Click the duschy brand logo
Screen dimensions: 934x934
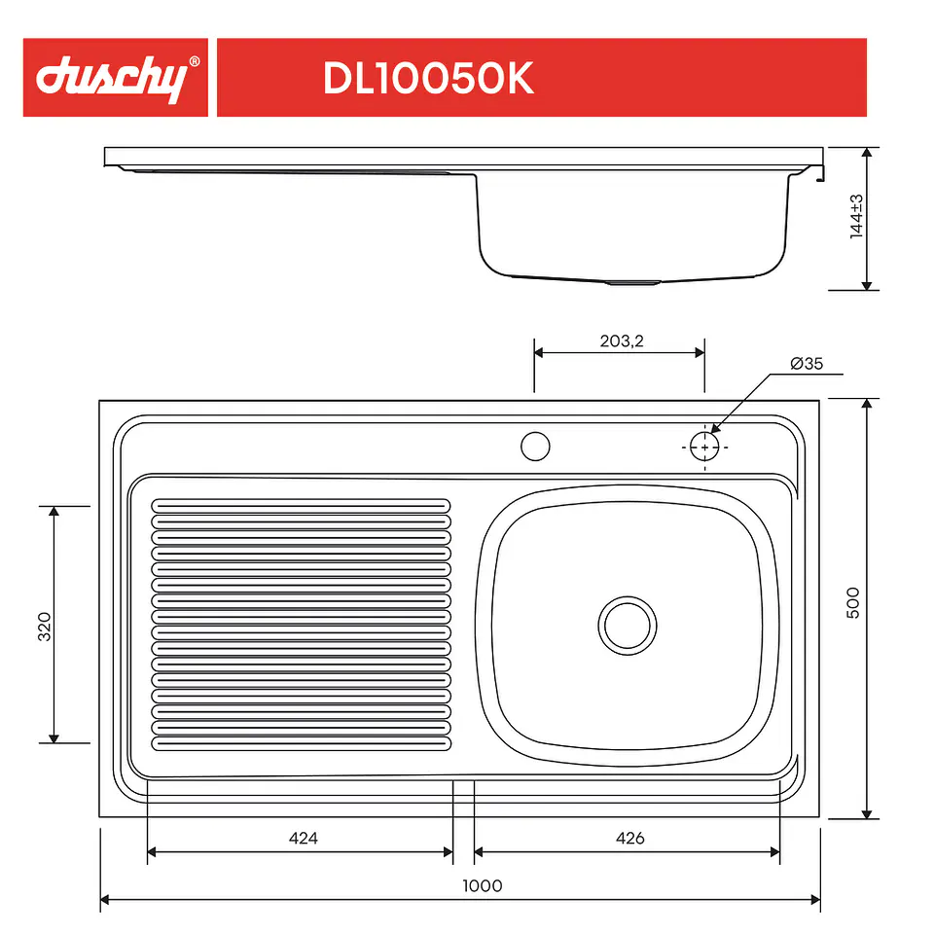pos(112,79)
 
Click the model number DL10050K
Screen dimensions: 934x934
pos(428,78)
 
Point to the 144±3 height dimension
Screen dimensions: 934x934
pos(856,216)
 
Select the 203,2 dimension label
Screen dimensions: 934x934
pos(622,341)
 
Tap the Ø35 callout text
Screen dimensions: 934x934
pos(807,363)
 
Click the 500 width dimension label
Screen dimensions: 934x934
pos(853,603)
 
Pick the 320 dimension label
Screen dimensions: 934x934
pos(44,626)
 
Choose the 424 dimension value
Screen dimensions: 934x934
pos(304,838)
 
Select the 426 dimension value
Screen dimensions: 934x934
pos(629,838)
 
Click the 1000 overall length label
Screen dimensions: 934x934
pos(483,885)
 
